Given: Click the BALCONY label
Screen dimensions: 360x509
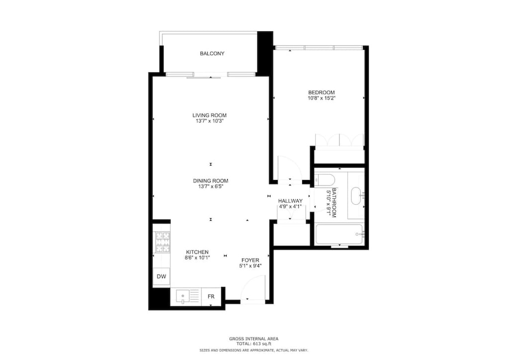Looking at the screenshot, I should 212,54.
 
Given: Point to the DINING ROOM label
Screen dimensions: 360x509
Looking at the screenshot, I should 211,181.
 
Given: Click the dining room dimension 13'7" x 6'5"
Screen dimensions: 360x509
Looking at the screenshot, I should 211,187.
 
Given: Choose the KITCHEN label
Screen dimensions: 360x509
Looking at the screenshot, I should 197,252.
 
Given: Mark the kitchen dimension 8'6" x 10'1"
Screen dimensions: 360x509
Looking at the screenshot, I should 197,258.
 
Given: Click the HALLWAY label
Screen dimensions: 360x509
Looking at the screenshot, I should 290,201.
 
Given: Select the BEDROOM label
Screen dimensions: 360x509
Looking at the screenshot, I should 321,92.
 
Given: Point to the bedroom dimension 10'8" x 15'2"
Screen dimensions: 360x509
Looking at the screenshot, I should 321,98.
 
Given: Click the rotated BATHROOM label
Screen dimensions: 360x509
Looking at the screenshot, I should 334,202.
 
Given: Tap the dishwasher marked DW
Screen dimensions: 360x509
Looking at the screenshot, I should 161,276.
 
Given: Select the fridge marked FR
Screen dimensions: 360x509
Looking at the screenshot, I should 211,297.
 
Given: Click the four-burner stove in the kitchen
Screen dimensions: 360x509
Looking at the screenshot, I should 162,242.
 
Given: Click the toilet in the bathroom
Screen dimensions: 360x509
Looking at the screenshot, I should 326,180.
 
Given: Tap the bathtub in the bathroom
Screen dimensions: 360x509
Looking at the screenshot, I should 339,234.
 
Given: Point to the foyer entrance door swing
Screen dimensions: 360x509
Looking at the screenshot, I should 254,288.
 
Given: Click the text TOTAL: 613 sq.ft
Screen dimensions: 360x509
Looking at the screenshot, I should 254,344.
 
